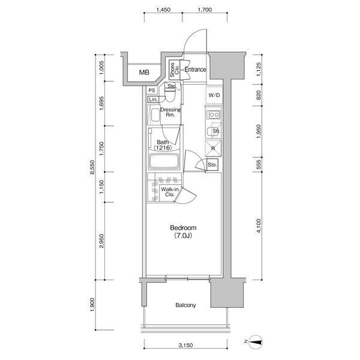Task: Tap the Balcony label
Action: (185, 305)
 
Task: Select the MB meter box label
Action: (144, 73)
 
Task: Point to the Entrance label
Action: (196, 70)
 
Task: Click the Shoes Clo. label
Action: (175, 70)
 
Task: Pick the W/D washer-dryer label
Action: (214, 95)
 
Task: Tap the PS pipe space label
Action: (152, 91)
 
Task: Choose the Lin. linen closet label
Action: (153, 100)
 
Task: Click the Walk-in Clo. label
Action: (170, 192)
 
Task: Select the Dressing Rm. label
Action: (170, 112)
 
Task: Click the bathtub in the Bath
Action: (164, 162)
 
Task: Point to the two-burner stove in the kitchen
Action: (214, 115)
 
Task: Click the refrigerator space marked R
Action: (214, 148)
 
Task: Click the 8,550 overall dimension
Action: (92, 167)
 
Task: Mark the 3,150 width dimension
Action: (186, 345)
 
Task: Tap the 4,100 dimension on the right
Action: (259, 226)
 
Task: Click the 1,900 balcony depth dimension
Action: (92, 305)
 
